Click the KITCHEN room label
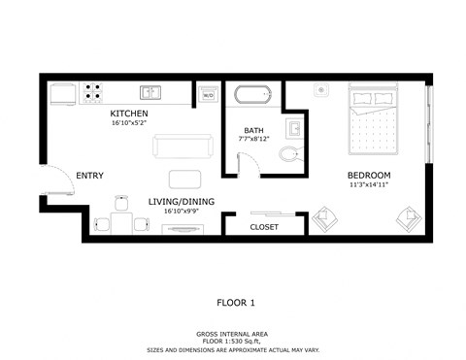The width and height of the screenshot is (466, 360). coord(129,115)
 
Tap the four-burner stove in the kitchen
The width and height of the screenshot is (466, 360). coord(93,92)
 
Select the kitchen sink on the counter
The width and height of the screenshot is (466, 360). coord(150,93)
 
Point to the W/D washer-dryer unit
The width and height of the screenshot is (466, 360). coord(207,94)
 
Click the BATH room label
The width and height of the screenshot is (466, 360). coord(253,130)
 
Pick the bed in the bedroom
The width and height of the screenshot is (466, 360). coord(374,121)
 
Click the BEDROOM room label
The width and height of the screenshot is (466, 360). coord(368,176)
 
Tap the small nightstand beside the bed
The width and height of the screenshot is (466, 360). coord(320,90)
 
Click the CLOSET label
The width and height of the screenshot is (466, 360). coord(264,227)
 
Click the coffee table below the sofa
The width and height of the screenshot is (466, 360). coord(182,179)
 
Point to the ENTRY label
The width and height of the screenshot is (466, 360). coord(89,176)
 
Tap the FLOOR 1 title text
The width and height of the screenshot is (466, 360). coord(236,303)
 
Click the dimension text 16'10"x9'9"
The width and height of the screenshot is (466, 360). coord(182,211)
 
